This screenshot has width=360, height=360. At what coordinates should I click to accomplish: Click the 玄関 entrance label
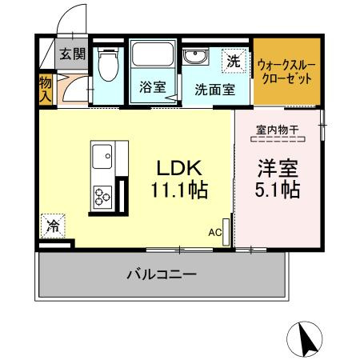coord(70,54)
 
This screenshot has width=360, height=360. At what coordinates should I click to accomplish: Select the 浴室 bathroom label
coord(153,88)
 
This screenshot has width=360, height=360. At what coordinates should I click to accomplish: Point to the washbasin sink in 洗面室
coord(194,57)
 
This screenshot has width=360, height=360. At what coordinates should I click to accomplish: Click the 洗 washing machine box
coord(232,60)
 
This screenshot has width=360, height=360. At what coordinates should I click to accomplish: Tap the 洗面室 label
coord(214,89)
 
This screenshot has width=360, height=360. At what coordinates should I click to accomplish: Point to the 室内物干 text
coord(277,130)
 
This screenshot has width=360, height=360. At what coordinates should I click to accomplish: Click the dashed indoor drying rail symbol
coord(278,140)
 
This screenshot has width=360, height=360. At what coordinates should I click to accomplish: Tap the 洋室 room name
coord(278,168)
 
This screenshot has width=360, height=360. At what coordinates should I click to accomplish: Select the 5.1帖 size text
coord(278,192)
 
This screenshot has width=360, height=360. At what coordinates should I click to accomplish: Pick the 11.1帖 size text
coord(181,192)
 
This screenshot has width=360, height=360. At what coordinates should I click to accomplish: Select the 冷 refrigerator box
coord(51,226)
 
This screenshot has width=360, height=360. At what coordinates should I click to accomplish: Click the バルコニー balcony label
coord(162,274)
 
